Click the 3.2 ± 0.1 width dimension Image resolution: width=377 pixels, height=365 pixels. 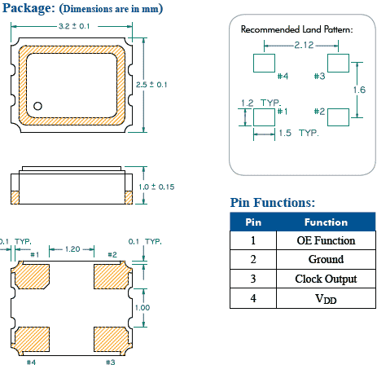point(72,27)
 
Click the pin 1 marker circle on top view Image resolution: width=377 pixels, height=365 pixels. point(38,105)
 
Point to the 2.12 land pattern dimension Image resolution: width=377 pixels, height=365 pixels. point(305,45)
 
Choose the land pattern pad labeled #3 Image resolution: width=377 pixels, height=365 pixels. point(337,63)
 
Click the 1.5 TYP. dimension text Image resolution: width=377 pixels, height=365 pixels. point(297,133)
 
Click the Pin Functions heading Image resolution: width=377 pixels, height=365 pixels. point(273,203)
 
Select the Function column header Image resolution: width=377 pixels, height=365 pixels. point(326,222)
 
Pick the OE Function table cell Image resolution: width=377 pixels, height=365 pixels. point(326,240)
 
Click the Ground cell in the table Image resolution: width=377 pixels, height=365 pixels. point(326,260)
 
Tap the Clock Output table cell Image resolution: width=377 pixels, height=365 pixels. point(326,279)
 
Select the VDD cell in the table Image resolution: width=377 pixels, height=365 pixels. point(326,299)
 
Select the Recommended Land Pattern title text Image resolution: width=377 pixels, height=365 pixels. point(297,29)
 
